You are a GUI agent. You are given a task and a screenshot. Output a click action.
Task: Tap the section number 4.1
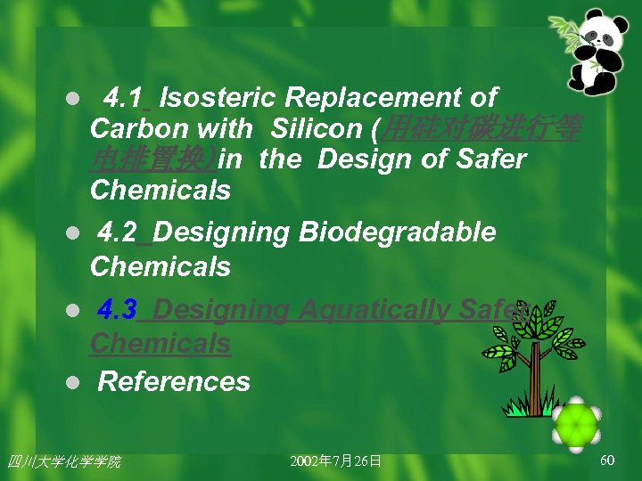[127, 97]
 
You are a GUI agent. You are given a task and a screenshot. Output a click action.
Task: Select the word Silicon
[317, 128]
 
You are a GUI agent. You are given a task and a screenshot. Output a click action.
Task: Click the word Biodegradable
[398, 232]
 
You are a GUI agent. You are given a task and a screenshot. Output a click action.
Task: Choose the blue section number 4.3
[118, 310]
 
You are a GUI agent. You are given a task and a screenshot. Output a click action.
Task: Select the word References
[174, 382]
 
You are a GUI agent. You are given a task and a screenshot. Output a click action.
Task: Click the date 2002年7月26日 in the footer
[336, 461]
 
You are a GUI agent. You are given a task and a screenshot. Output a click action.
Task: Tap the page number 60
[607, 460]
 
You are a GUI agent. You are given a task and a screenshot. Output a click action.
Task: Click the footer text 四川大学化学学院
[64, 461]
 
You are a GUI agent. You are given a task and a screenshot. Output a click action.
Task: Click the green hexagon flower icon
[576, 424]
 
